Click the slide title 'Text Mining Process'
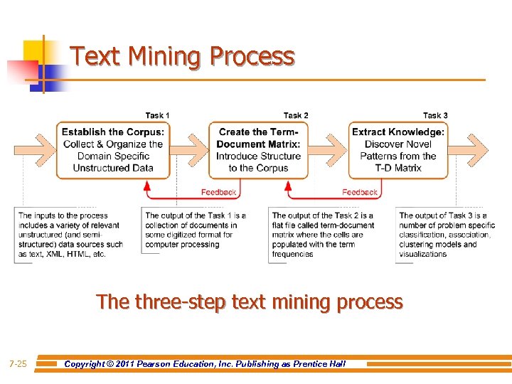point(183,56)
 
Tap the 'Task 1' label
point(157,115)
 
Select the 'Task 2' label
point(296,115)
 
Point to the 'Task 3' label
point(435,115)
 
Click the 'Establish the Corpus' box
point(113,149)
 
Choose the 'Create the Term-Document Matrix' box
point(258,149)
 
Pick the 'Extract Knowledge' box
point(398,149)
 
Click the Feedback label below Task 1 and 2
point(218,192)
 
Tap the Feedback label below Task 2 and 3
point(359,192)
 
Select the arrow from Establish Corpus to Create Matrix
point(190,149)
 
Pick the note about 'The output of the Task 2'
point(323,235)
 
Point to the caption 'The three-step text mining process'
point(250,302)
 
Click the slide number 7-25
point(18,364)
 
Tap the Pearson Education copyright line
point(205,364)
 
